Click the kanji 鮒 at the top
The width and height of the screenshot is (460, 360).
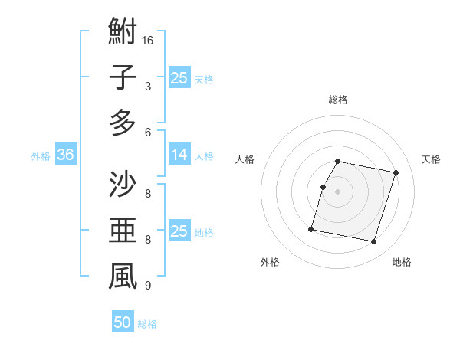pos(123,32)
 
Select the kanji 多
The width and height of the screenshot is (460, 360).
pos(123,122)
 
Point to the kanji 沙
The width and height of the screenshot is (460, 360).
pos(123,186)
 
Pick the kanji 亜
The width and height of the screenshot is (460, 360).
pos(123,231)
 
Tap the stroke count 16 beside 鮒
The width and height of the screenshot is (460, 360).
pos(148,40)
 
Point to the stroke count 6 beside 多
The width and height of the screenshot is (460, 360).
pos(148,132)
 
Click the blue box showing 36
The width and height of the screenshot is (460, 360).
pos(65,155)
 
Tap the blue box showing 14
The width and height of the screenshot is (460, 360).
pos(179,155)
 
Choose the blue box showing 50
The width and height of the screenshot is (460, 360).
pos(122,323)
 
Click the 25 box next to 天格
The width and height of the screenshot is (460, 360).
pos(179,77)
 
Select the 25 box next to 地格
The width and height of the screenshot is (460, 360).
pos(179,232)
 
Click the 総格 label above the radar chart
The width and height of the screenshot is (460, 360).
pos(338,100)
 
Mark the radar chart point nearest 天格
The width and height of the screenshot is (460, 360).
pos(396,173)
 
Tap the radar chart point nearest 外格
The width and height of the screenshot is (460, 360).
pos(311,228)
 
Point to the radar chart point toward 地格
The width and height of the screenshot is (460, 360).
pos(373,242)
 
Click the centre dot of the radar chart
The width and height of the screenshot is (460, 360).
pos(338,191)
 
